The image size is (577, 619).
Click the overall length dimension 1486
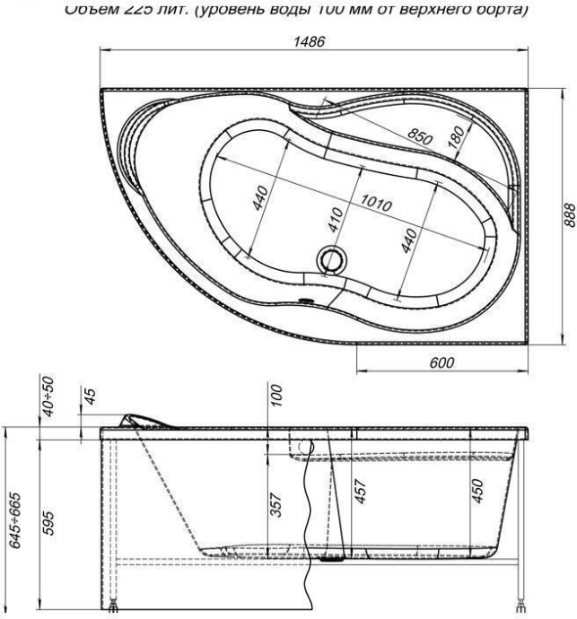[312, 43]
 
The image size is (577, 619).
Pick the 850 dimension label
[420, 138]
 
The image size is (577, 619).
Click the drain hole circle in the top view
[331, 261]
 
